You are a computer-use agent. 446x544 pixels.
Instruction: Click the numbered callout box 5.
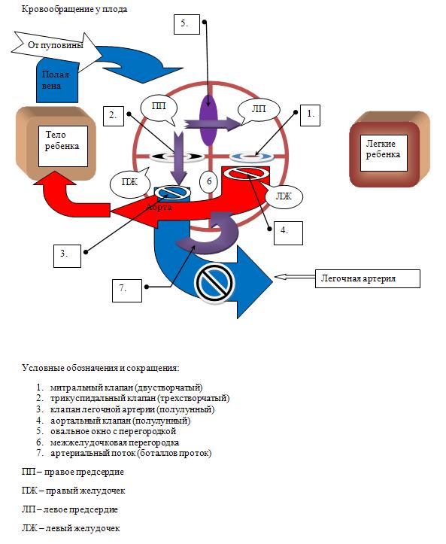click(187, 24)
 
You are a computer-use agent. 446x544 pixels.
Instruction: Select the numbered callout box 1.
click(310, 115)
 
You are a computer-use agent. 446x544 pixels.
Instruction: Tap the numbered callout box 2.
click(114, 116)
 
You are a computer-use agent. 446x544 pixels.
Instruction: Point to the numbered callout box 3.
click(67, 256)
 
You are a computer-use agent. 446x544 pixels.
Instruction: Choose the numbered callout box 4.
click(288, 233)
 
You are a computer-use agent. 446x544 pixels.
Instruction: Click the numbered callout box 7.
click(127, 290)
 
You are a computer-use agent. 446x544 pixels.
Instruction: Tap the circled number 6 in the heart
click(209, 181)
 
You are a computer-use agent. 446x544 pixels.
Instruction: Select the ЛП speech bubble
click(259, 111)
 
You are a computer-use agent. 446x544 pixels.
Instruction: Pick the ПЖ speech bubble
click(129, 183)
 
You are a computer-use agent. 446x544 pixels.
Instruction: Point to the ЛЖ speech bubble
click(284, 196)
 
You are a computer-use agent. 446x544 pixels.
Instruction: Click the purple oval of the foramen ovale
click(208, 120)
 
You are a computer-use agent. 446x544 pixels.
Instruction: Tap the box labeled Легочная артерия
click(367, 278)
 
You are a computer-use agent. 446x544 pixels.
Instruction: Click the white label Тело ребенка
click(62, 146)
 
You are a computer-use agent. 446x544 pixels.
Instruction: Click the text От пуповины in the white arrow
click(56, 45)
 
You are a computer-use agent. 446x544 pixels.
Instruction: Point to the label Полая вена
click(56, 81)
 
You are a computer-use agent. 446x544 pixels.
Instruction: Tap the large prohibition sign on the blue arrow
click(214, 283)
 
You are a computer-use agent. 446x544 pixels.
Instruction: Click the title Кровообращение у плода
click(74, 9)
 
